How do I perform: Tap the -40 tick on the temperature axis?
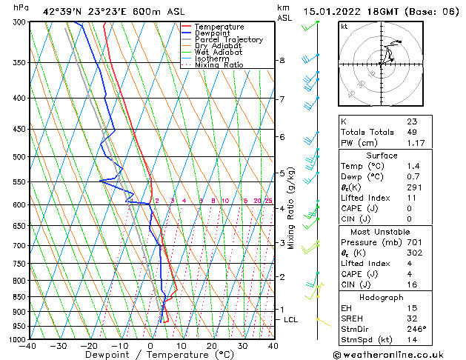coord(29,346)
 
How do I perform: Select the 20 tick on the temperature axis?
coord(212,346)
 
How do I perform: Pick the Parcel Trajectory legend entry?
coord(228,40)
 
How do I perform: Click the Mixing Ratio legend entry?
coord(219,65)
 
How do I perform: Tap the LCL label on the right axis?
coord(291,320)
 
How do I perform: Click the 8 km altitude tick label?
coord(282,60)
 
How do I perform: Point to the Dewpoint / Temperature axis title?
coord(150,356)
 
